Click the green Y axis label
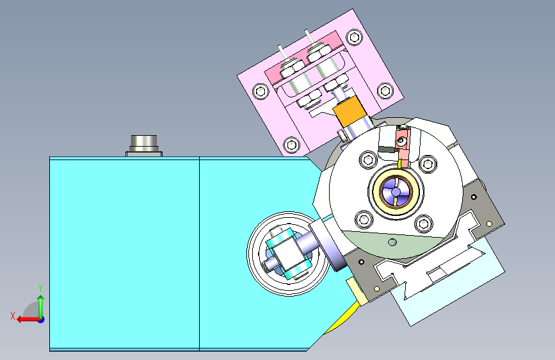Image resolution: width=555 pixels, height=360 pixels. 40,288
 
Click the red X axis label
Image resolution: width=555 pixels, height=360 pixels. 13,316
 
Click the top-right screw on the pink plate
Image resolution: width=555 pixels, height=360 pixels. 354,37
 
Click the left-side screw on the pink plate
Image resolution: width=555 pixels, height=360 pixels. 261,92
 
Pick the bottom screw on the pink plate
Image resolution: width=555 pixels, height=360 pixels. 292,145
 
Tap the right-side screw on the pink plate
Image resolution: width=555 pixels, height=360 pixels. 385,90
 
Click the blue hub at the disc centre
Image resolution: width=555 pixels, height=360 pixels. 396,192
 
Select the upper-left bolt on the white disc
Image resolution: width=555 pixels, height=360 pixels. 368,160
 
